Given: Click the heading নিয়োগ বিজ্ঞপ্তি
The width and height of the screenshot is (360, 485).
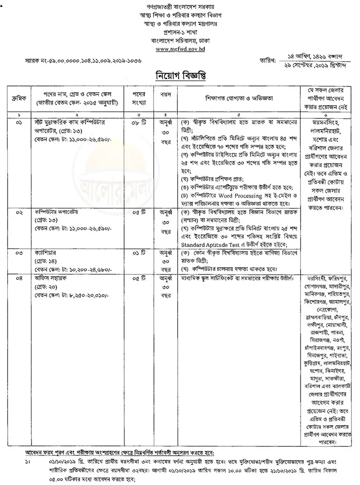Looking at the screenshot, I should click(180, 74).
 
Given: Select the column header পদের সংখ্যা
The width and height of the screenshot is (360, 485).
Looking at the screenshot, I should click(138, 98).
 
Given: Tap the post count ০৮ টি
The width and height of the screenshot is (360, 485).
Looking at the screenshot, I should click(138, 122).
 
